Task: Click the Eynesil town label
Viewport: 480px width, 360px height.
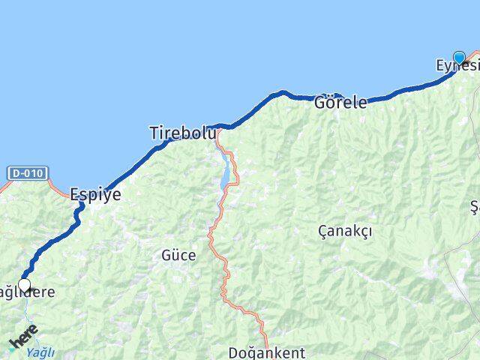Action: click(x=457, y=67)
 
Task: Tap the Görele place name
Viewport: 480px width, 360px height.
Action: click(x=340, y=102)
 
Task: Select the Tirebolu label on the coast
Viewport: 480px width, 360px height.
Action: click(x=183, y=133)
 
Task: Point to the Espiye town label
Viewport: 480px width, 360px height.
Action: click(x=95, y=194)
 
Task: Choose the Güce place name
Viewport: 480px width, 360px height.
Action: click(x=178, y=255)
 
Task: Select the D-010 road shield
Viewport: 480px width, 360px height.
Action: click(x=28, y=173)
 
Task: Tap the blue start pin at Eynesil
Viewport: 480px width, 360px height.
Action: click(x=459, y=57)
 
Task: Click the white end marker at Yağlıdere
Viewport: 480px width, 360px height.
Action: click(x=24, y=285)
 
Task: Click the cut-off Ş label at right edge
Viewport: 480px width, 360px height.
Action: click(x=475, y=206)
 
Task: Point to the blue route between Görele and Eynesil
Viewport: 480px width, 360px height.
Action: click(x=405, y=90)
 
